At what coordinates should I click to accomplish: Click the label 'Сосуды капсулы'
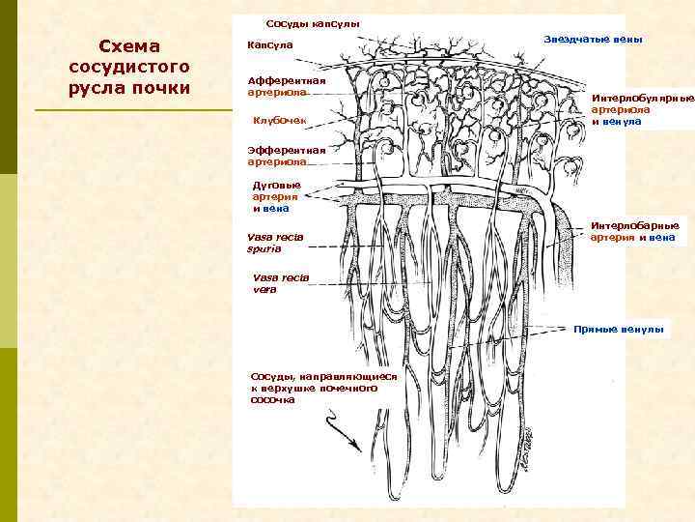(312, 23)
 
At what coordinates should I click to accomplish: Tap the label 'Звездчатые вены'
(593, 39)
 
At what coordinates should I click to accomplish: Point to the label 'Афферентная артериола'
(286, 86)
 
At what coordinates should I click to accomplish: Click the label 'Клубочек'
(279, 120)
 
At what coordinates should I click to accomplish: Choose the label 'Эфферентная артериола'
(286, 156)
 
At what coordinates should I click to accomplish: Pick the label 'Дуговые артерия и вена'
(276, 195)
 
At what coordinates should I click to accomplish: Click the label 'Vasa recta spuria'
(275, 242)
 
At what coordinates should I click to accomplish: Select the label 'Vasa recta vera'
(280, 282)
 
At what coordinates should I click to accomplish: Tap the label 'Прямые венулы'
(619, 330)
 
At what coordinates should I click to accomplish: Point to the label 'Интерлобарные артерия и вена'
(633, 231)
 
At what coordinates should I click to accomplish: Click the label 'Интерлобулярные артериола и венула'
(642, 109)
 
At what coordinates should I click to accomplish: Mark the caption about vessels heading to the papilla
(322, 387)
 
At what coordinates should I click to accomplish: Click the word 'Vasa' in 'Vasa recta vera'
(264, 276)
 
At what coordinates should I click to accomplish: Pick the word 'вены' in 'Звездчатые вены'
(625, 39)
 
